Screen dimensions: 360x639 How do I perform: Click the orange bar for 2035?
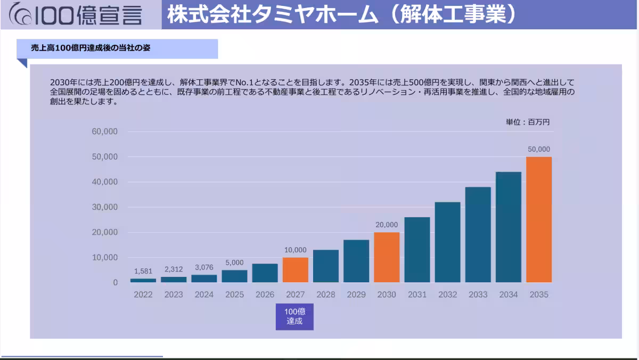click(539, 219)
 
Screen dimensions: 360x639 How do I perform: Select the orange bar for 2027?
click(296, 270)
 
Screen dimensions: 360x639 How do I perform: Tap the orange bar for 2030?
click(387, 257)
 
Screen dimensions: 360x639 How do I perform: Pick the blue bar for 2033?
click(478, 234)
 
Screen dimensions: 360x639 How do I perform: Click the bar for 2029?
click(356, 261)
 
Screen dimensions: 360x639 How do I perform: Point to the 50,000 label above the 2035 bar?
click(539, 150)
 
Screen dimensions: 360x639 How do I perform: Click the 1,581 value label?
click(143, 271)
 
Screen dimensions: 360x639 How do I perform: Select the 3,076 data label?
click(204, 267)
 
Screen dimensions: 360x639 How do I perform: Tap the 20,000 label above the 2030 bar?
click(387, 225)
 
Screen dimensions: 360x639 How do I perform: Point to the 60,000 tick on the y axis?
click(104, 132)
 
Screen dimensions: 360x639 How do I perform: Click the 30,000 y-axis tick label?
click(104, 207)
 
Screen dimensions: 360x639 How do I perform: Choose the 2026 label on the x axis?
click(265, 294)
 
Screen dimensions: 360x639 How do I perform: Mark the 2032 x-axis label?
click(447, 294)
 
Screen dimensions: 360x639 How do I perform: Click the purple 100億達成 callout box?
click(294, 316)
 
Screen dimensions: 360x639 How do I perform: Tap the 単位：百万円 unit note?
click(528, 122)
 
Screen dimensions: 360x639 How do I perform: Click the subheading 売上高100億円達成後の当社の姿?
click(91, 48)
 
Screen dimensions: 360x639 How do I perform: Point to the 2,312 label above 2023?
click(174, 269)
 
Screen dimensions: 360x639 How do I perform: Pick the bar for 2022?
click(143, 280)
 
